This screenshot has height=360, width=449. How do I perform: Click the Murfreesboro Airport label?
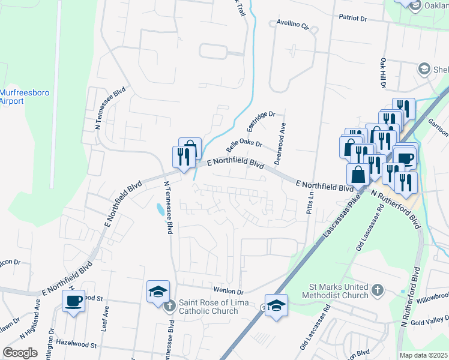click(20, 97)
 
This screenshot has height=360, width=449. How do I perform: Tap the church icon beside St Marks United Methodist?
click(377, 290)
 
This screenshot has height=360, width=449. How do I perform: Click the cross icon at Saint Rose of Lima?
click(169, 306)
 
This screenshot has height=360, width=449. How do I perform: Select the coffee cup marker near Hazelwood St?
click(74, 301)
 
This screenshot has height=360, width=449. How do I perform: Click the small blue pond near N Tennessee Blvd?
click(159, 209)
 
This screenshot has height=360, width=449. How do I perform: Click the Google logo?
click(20, 353)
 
